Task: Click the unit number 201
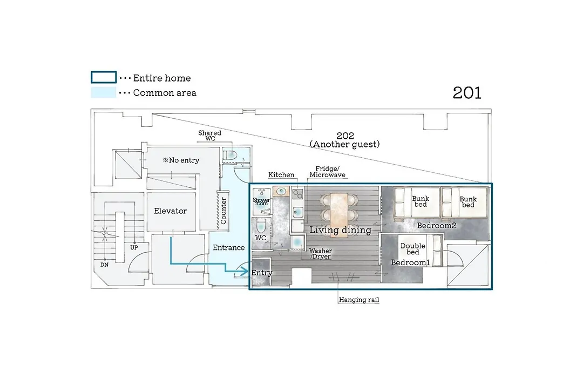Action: (467, 93)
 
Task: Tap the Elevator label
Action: (170, 211)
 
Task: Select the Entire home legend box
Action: (104, 77)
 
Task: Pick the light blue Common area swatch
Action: (103, 93)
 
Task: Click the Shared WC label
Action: (209, 136)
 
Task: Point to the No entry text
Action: (181, 160)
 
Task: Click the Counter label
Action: (223, 211)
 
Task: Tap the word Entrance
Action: (229, 247)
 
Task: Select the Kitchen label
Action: (281, 175)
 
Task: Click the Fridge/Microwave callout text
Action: (328, 172)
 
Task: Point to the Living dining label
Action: (341, 230)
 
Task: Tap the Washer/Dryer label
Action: (321, 254)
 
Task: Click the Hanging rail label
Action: (359, 300)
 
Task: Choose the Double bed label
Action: (413, 249)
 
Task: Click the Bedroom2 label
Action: (437, 226)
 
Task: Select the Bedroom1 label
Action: (410, 262)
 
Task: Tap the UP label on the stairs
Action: (134, 247)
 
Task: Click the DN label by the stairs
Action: (105, 265)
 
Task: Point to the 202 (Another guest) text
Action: (345, 140)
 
